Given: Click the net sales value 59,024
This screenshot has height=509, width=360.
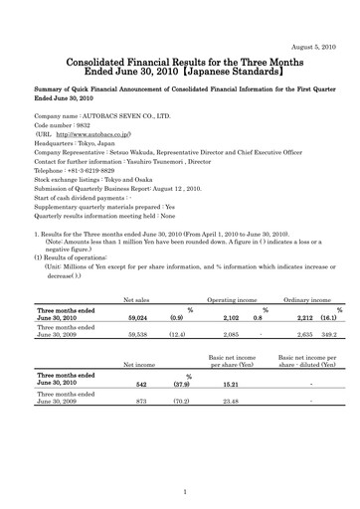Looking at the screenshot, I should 118,348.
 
